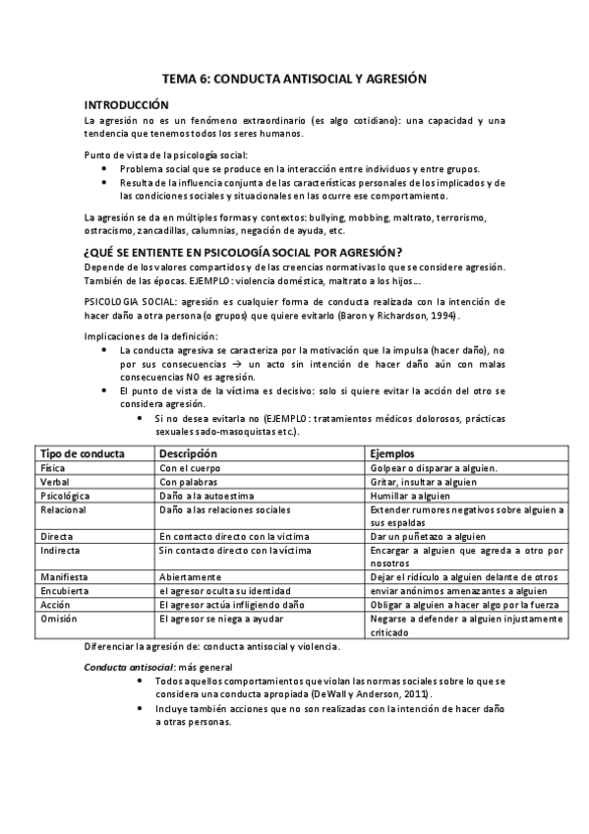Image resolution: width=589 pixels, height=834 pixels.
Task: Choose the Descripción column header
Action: click(x=189, y=453)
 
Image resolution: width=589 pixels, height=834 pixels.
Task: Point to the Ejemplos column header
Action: click(x=395, y=453)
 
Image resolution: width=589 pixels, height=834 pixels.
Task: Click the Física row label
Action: click(x=53, y=468)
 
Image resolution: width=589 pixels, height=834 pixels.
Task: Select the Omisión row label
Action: click(x=58, y=619)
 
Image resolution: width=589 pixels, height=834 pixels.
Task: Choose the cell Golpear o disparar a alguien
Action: click(x=435, y=468)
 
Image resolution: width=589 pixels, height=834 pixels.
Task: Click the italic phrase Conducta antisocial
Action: click(x=122, y=667)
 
